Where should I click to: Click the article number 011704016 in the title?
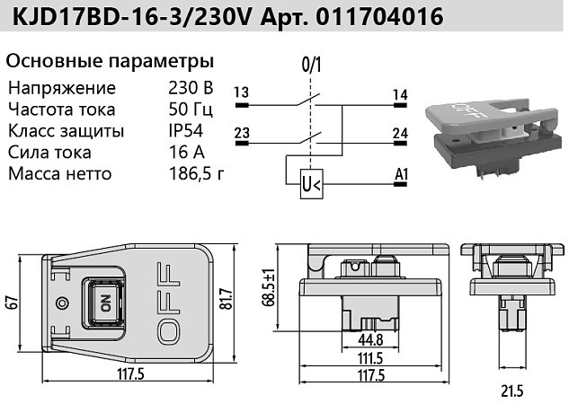tap(379, 16)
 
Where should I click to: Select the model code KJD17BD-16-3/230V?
tap(131, 16)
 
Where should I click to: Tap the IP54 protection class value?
tap(186, 131)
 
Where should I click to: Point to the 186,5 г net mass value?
tap(197, 174)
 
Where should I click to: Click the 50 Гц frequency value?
tap(191, 110)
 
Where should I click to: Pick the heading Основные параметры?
tap(110, 62)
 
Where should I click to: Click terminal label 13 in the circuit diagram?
tap(241, 92)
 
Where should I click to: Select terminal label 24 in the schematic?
tap(400, 134)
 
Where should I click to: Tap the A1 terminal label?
tap(401, 175)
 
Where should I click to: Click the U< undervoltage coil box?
tap(312, 184)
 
